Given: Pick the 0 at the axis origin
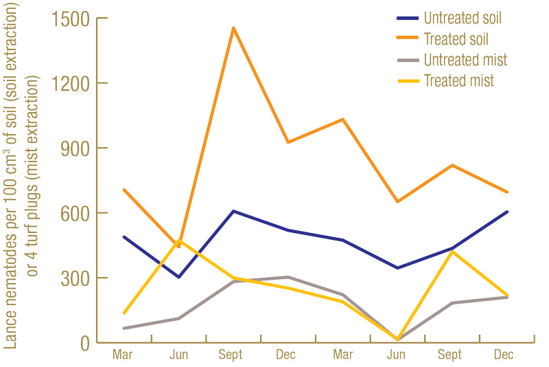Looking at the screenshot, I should (85, 342).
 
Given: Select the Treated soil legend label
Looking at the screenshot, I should (456, 38).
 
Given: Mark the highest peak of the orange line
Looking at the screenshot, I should (233, 27).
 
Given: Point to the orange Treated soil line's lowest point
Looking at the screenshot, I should (179, 246).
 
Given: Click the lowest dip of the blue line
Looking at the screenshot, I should (179, 277).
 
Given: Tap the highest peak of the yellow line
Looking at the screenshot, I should (179, 241).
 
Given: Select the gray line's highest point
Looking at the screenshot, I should (288, 277).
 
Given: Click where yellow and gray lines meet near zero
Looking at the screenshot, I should (397, 340).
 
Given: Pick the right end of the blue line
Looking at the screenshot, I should (507, 212).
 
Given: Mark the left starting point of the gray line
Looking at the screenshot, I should (124, 329).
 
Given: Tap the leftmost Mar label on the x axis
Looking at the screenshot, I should (124, 355).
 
